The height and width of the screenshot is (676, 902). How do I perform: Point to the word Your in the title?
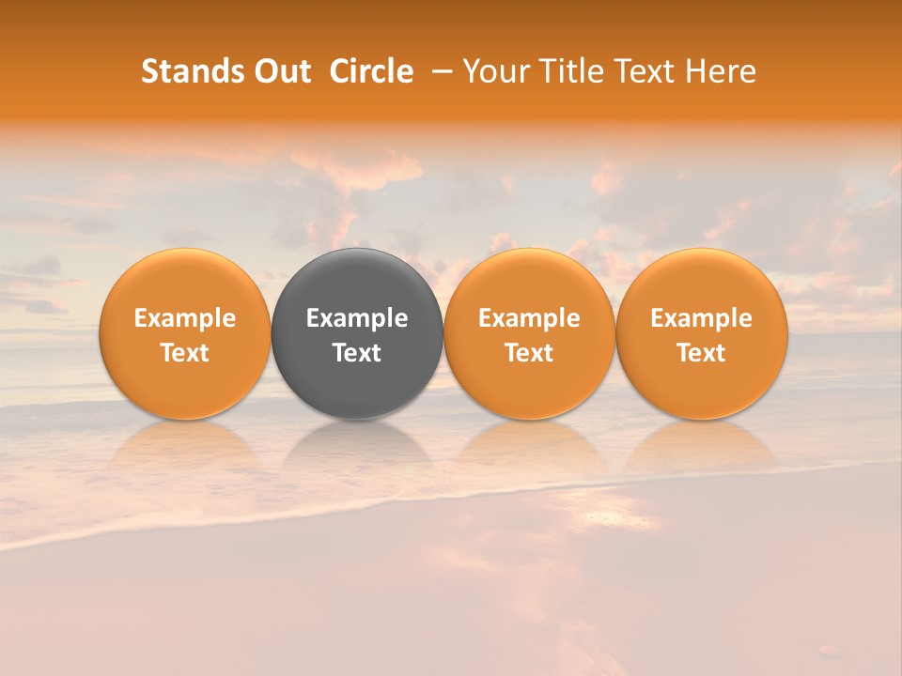494,71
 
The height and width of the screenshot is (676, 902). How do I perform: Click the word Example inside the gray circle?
357,318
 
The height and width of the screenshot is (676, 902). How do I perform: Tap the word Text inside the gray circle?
357,353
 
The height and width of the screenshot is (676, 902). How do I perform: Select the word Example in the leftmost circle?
184,318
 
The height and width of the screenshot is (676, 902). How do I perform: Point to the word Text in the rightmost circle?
701,353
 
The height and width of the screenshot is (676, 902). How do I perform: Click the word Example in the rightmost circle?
701,318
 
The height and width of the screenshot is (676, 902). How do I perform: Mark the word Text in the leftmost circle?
184,353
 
